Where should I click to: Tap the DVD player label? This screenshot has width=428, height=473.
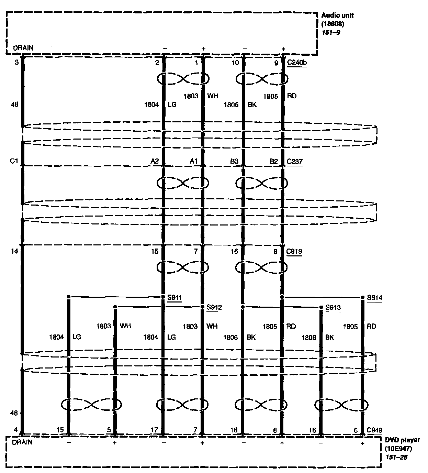point(402,440)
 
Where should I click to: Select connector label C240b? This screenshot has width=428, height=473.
point(297,63)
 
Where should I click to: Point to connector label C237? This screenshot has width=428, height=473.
point(295,162)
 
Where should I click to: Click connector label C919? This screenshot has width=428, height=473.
point(294,252)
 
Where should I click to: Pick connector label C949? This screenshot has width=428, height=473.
point(374,430)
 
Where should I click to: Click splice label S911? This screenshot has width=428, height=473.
point(174,297)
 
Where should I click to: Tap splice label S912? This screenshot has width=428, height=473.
point(214,307)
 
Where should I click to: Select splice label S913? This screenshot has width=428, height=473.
point(333,307)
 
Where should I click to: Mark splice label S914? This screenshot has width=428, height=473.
point(374,298)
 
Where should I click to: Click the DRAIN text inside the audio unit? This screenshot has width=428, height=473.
point(23,48)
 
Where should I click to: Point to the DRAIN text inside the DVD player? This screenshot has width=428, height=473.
point(22,442)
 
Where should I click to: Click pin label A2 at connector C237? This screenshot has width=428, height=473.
point(154,162)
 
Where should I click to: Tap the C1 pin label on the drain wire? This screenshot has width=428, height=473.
point(14,161)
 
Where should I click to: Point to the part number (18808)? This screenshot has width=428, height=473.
point(333,24)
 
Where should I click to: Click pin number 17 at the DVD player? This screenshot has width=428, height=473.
point(154,430)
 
